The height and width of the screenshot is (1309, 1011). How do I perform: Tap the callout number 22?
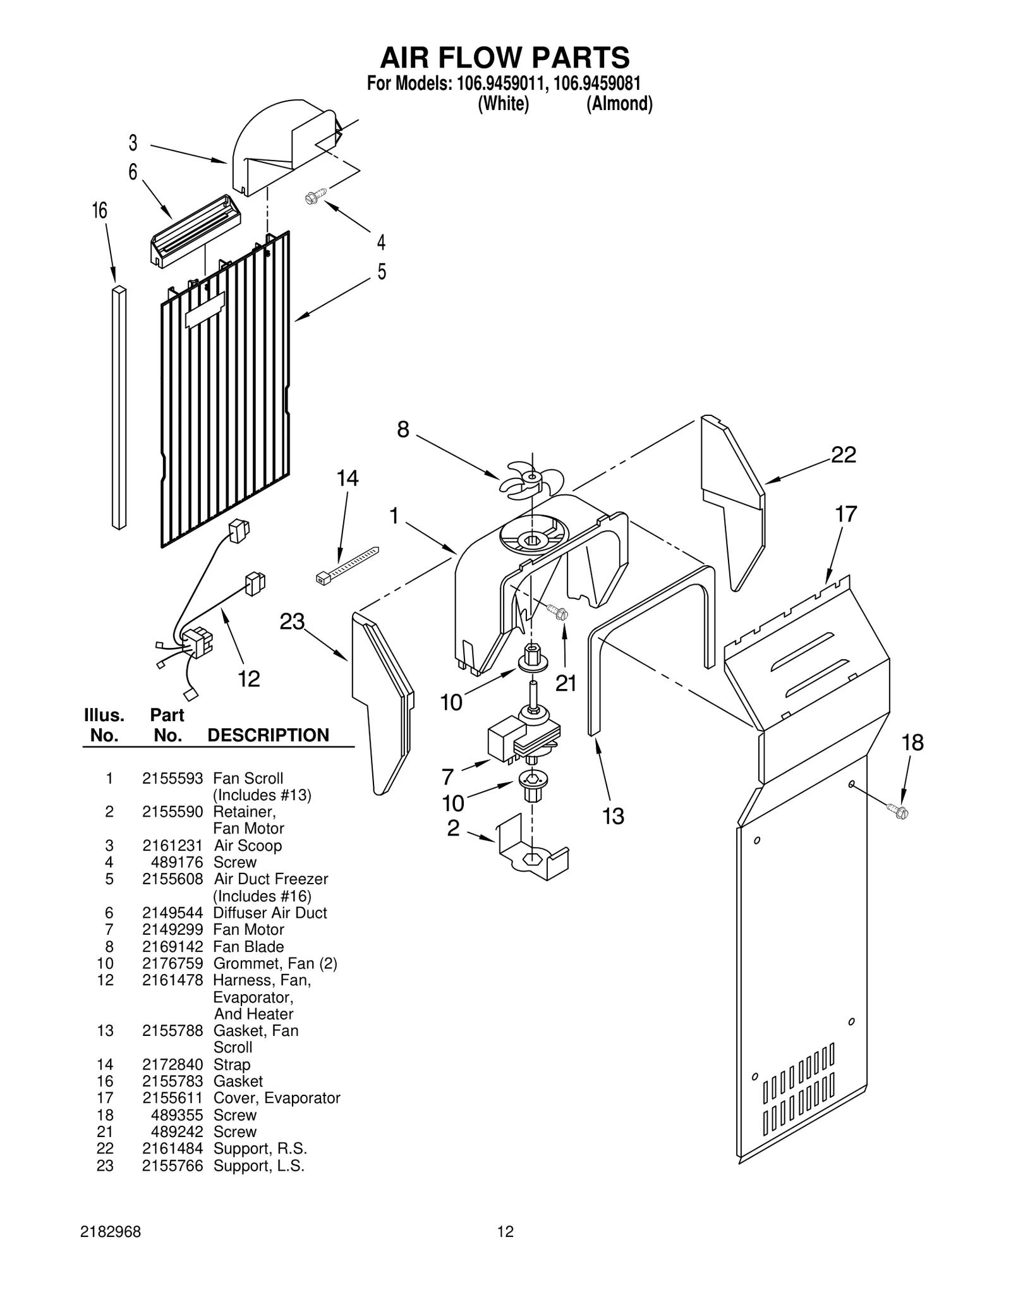click(843, 454)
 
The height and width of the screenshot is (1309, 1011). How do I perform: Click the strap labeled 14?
click(346, 564)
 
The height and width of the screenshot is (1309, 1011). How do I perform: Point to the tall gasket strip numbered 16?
click(119, 408)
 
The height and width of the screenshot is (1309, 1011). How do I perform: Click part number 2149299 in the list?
click(173, 929)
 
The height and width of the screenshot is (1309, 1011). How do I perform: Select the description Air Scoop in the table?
click(248, 845)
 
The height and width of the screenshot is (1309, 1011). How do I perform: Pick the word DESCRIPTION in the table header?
click(268, 735)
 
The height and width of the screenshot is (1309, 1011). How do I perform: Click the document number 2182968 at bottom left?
click(111, 1231)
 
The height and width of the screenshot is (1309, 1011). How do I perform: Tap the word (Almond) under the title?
click(619, 104)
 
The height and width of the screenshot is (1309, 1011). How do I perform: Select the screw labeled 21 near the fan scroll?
click(557, 611)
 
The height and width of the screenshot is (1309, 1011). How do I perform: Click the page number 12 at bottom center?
click(505, 1231)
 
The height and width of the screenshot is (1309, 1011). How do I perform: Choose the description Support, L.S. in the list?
click(258, 1166)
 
